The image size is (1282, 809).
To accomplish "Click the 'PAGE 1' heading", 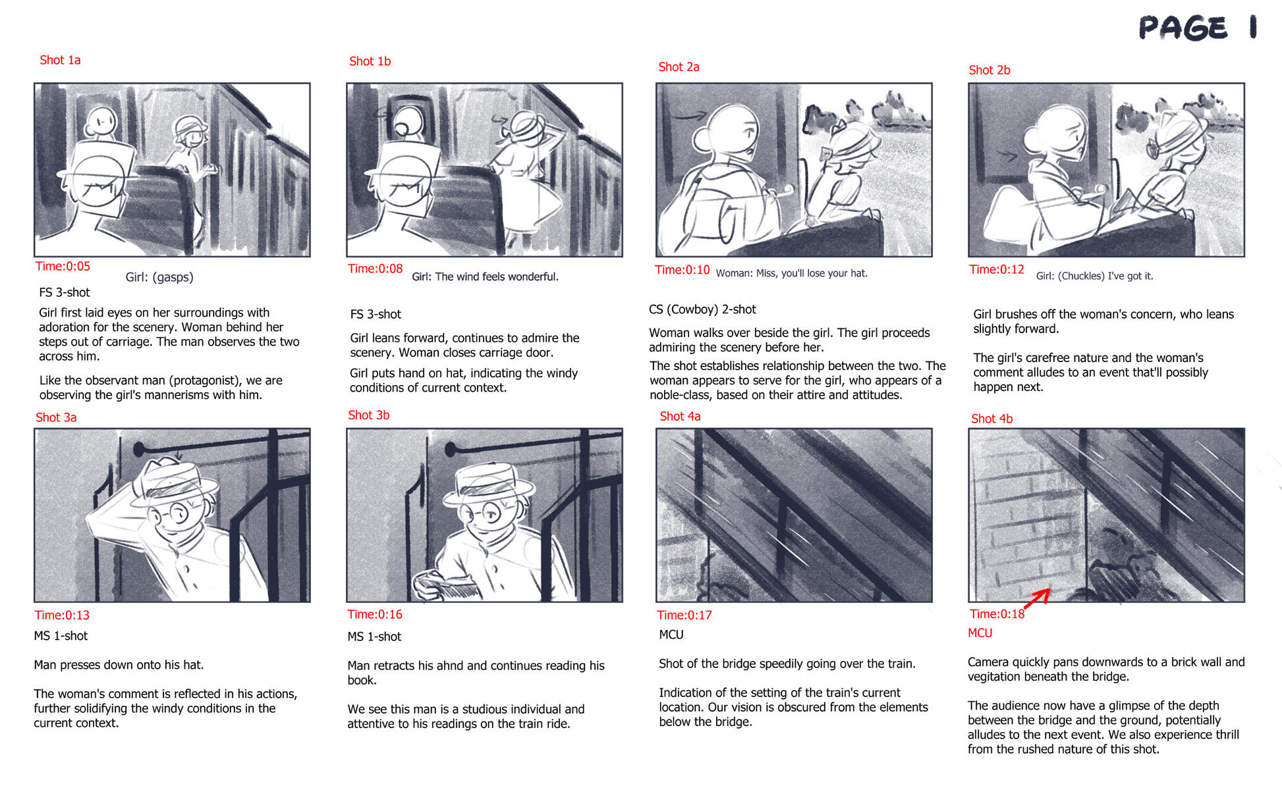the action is point(1198,28).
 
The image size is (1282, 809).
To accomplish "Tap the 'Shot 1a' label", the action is point(60,60).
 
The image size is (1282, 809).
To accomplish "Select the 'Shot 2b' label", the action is point(989,70).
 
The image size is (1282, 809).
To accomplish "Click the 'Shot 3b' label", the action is point(368,415).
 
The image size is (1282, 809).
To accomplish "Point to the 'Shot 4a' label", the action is point(680,416).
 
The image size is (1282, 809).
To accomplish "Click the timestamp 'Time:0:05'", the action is point(63,266).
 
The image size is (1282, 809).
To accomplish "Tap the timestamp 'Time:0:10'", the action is point(682,269).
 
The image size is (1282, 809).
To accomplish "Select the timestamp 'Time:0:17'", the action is point(684,615).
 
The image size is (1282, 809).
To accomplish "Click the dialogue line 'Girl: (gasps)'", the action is point(159,277).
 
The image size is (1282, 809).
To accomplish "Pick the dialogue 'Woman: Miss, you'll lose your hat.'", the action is point(791,273).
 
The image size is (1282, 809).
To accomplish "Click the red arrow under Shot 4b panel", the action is point(1037,598).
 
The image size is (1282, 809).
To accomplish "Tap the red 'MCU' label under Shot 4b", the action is point(980,633).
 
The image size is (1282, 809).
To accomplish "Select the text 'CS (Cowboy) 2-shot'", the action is point(702,309).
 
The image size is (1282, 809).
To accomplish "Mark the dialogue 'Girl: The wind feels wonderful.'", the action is point(485,276).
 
